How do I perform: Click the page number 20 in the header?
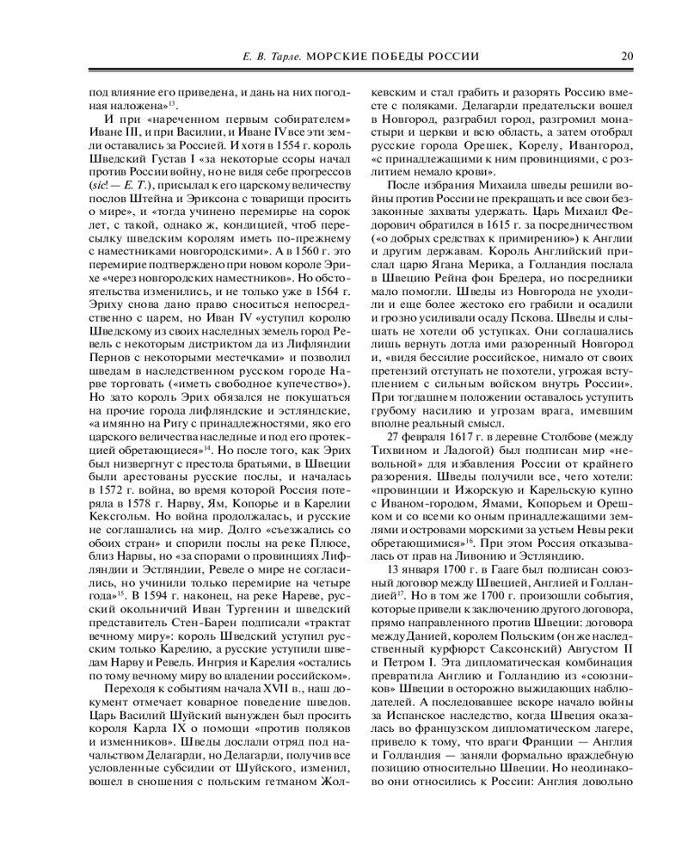[628, 56]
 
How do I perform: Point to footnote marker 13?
[172, 102]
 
